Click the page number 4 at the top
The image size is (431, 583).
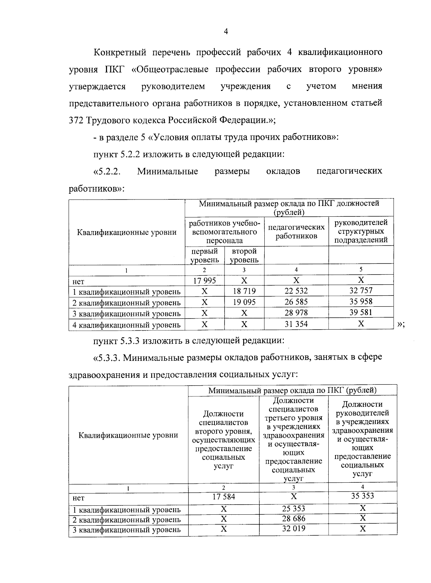pos(226,32)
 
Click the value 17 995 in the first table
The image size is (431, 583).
pos(204,281)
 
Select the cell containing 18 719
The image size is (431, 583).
pos(244,291)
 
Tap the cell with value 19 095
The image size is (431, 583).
pos(244,302)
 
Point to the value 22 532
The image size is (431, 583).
pos(296,291)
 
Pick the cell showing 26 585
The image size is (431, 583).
pos(296,302)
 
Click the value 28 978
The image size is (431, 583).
pos(296,313)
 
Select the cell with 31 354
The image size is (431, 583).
pos(296,324)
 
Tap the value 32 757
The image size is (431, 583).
pos(361,290)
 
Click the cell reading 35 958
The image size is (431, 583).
pos(361,302)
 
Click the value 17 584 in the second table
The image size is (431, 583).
pos(224,497)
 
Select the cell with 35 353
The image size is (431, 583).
pos(362,496)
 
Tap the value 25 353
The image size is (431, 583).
pos(294,509)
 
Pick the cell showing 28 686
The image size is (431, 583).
pos(294,519)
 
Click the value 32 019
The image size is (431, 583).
pos(294,529)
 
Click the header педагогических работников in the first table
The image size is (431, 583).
pos(296,231)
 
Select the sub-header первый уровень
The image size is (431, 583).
pos(204,256)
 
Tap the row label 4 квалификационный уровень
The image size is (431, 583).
pos(126,325)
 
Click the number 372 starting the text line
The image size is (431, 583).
pos(76,120)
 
